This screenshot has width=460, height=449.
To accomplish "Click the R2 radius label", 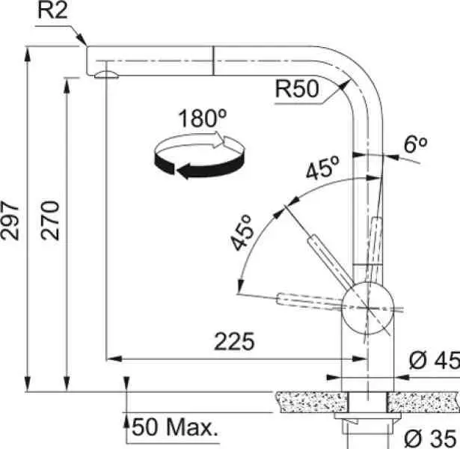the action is (x=53, y=11).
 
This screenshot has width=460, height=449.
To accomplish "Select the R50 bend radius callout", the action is (x=297, y=88).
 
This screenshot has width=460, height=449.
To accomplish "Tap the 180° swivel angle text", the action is (x=203, y=118).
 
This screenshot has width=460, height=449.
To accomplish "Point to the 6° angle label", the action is (x=415, y=144).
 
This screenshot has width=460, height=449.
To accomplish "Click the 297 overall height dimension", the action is (x=10, y=221).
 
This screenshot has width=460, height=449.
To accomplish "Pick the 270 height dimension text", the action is (x=50, y=221).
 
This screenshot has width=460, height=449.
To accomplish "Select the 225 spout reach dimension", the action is (x=234, y=341).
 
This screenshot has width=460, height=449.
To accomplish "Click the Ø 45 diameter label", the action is (x=434, y=360).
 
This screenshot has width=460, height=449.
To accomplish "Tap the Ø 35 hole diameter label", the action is (x=430, y=439).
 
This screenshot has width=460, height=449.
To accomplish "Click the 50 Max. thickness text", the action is (x=175, y=427).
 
